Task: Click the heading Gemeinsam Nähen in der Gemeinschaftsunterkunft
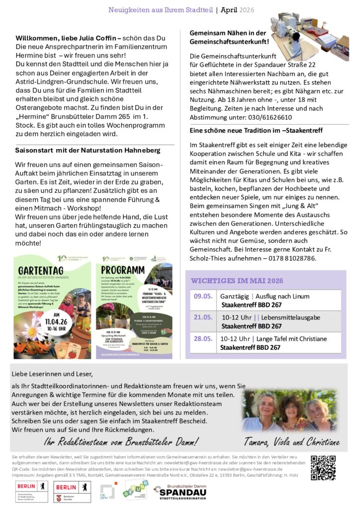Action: tap(229, 37)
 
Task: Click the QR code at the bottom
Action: tap(323, 468)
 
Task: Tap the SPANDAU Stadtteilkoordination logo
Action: tap(180, 492)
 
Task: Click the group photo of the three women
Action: tap(290, 411)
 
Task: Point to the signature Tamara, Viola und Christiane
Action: tap(291, 442)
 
